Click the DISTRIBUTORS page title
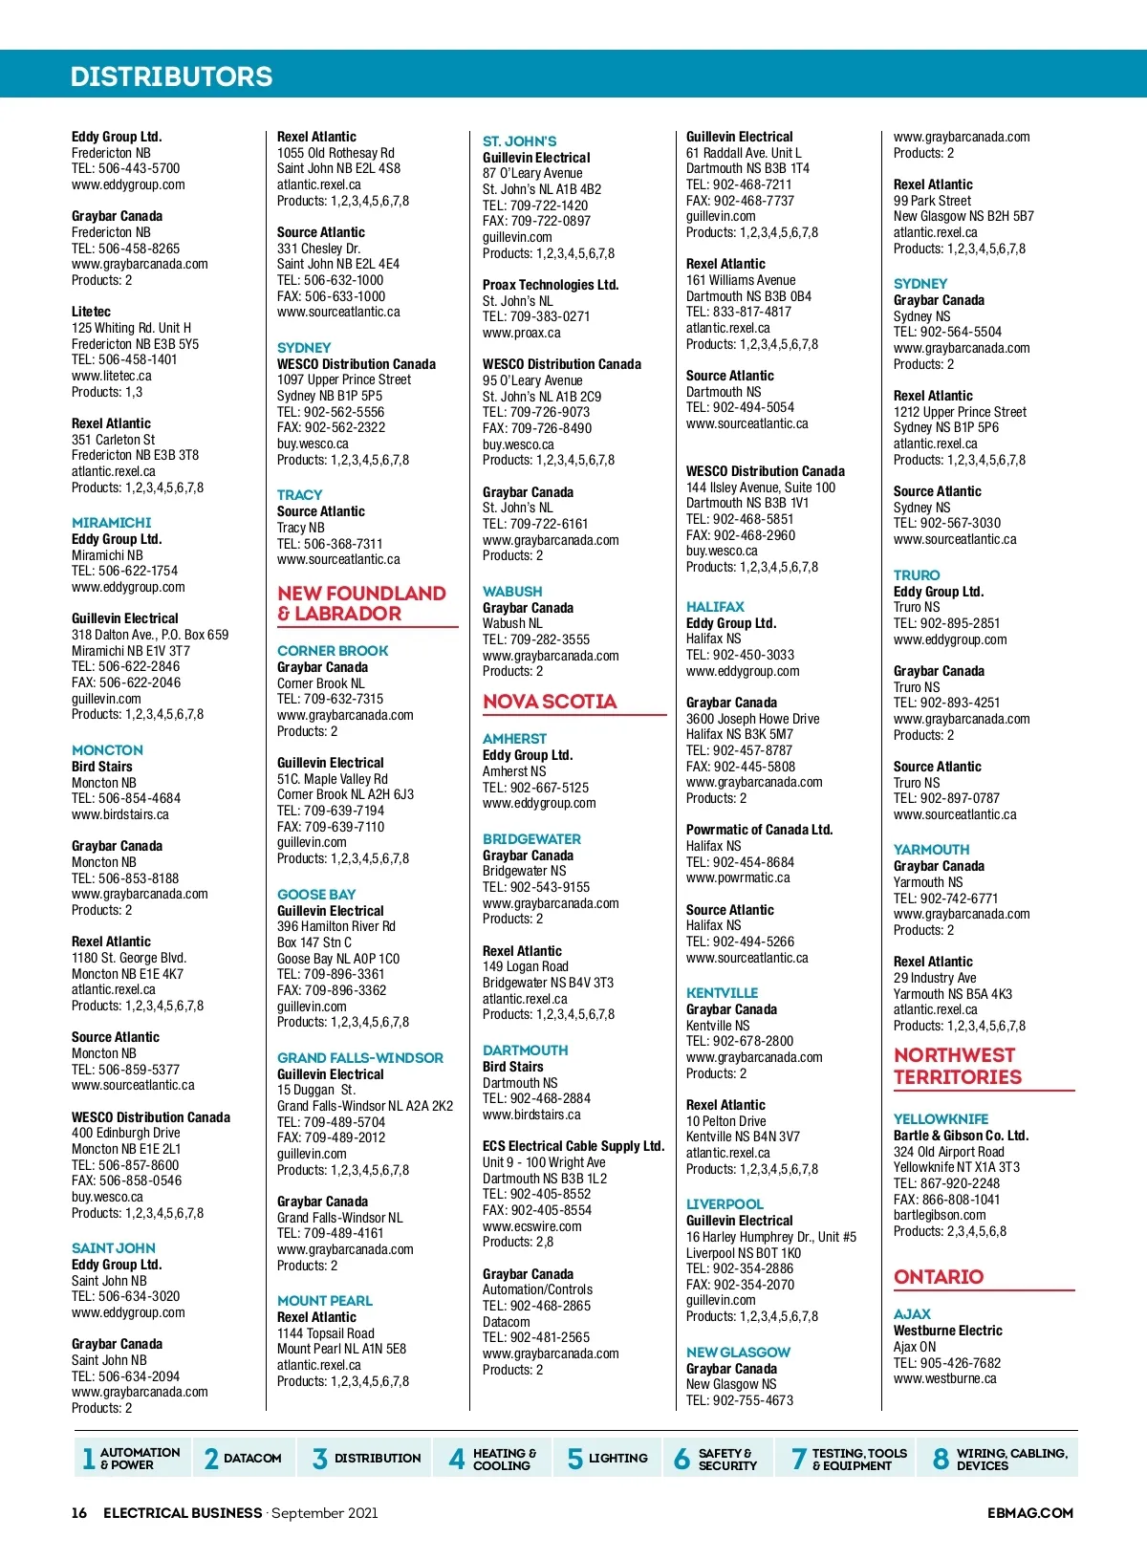coord(171,76)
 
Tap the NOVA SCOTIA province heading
coord(550,702)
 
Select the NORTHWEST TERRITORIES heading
coord(957,1066)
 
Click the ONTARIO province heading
coord(939,1277)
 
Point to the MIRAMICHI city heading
coord(111,523)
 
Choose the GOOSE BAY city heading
coord(316,895)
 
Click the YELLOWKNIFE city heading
coord(941,1119)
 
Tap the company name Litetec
coord(91,312)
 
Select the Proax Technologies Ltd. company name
coord(551,285)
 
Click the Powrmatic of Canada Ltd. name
coord(759,830)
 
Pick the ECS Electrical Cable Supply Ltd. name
coord(573,1146)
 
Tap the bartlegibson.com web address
coord(940,1215)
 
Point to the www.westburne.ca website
coord(944,1378)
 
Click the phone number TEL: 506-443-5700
coord(125,168)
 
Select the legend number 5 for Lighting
coord(574,1459)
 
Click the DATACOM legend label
coord(252,1459)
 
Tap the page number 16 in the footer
coord(79,1513)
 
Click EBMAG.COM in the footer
coord(1029,1513)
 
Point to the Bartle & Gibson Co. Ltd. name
coord(961,1136)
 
